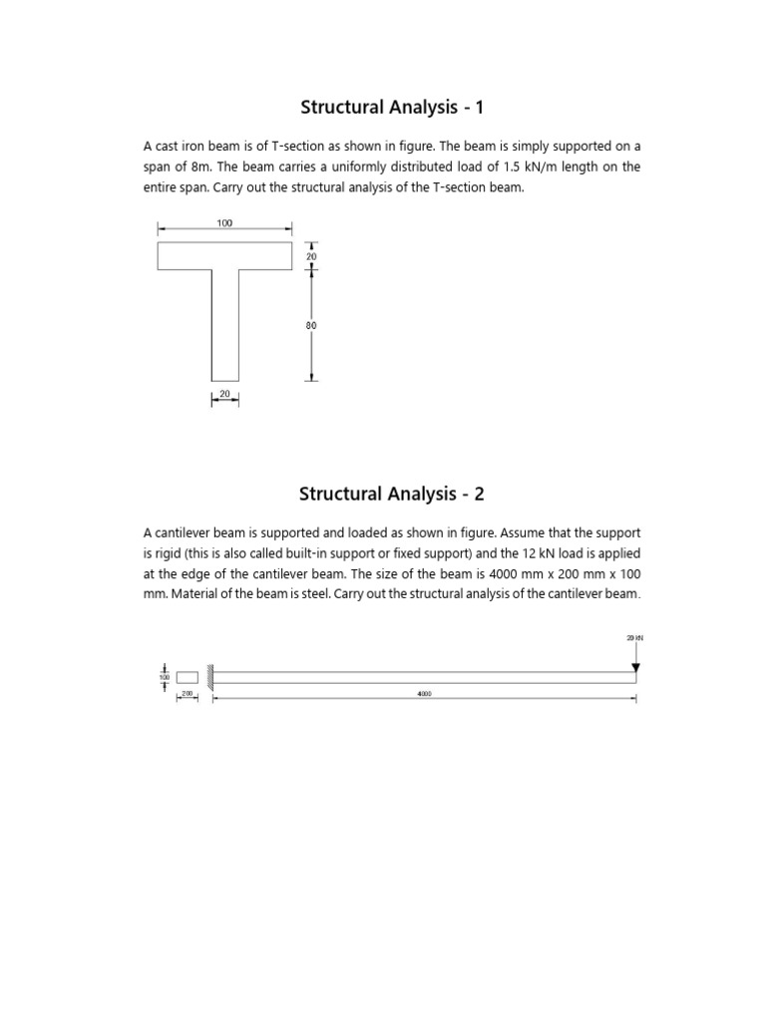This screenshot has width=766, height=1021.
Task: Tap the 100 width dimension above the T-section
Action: click(225, 223)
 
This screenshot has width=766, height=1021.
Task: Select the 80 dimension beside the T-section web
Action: click(312, 325)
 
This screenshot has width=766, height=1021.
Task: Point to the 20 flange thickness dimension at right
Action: click(311, 256)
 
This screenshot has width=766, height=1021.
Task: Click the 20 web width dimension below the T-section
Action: click(224, 394)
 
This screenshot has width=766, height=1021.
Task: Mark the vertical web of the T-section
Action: click(224, 325)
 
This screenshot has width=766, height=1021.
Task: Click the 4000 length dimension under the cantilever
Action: click(424, 693)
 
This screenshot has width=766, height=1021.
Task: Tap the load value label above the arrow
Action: click(635, 636)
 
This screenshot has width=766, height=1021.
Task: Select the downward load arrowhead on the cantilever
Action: click(635, 666)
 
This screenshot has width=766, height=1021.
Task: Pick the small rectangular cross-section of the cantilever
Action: click(188, 677)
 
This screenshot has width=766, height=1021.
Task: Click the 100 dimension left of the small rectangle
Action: click(165, 677)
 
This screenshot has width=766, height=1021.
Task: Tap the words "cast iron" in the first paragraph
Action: click(187, 147)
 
